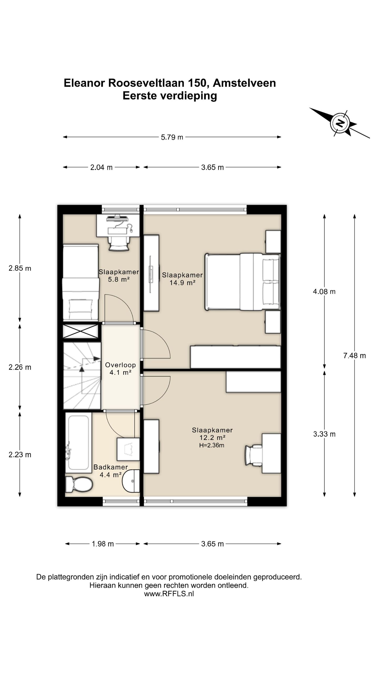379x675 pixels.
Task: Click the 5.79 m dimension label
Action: pyautogui.click(x=172, y=137)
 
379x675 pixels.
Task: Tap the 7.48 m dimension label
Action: pyautogui.click(x=354, y=356)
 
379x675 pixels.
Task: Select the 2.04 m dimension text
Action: pyautogui.click(x=101, y=167)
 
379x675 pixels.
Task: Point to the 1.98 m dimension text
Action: pyautogui.click(x=103, y=544)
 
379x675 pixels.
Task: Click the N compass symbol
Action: pyautogui.click(x=340, y=123)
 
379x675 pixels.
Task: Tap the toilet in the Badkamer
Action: pyautogui.click(x=79, y=484)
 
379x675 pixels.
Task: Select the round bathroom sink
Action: pyautogui.click(x=131, y=481)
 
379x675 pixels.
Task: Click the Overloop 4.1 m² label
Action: pyautogui.click(x=121, y=369)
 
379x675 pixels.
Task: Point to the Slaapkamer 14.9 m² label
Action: pyautogui.click(x=182, y=279)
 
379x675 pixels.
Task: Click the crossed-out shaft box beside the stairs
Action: pyautogui.click(x=81, y=331)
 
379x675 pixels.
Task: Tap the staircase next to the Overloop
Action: pyautogui.click(x=82, y=375)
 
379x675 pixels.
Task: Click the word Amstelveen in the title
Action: pyautogui.click(x=244, y=83)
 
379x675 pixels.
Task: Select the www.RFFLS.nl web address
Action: pyautogui.click(x=169, y=594)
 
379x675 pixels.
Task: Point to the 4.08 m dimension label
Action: pyautogui.click(x=324, y=292)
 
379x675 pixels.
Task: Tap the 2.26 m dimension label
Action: pyautogui.click(x=20, y=367)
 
